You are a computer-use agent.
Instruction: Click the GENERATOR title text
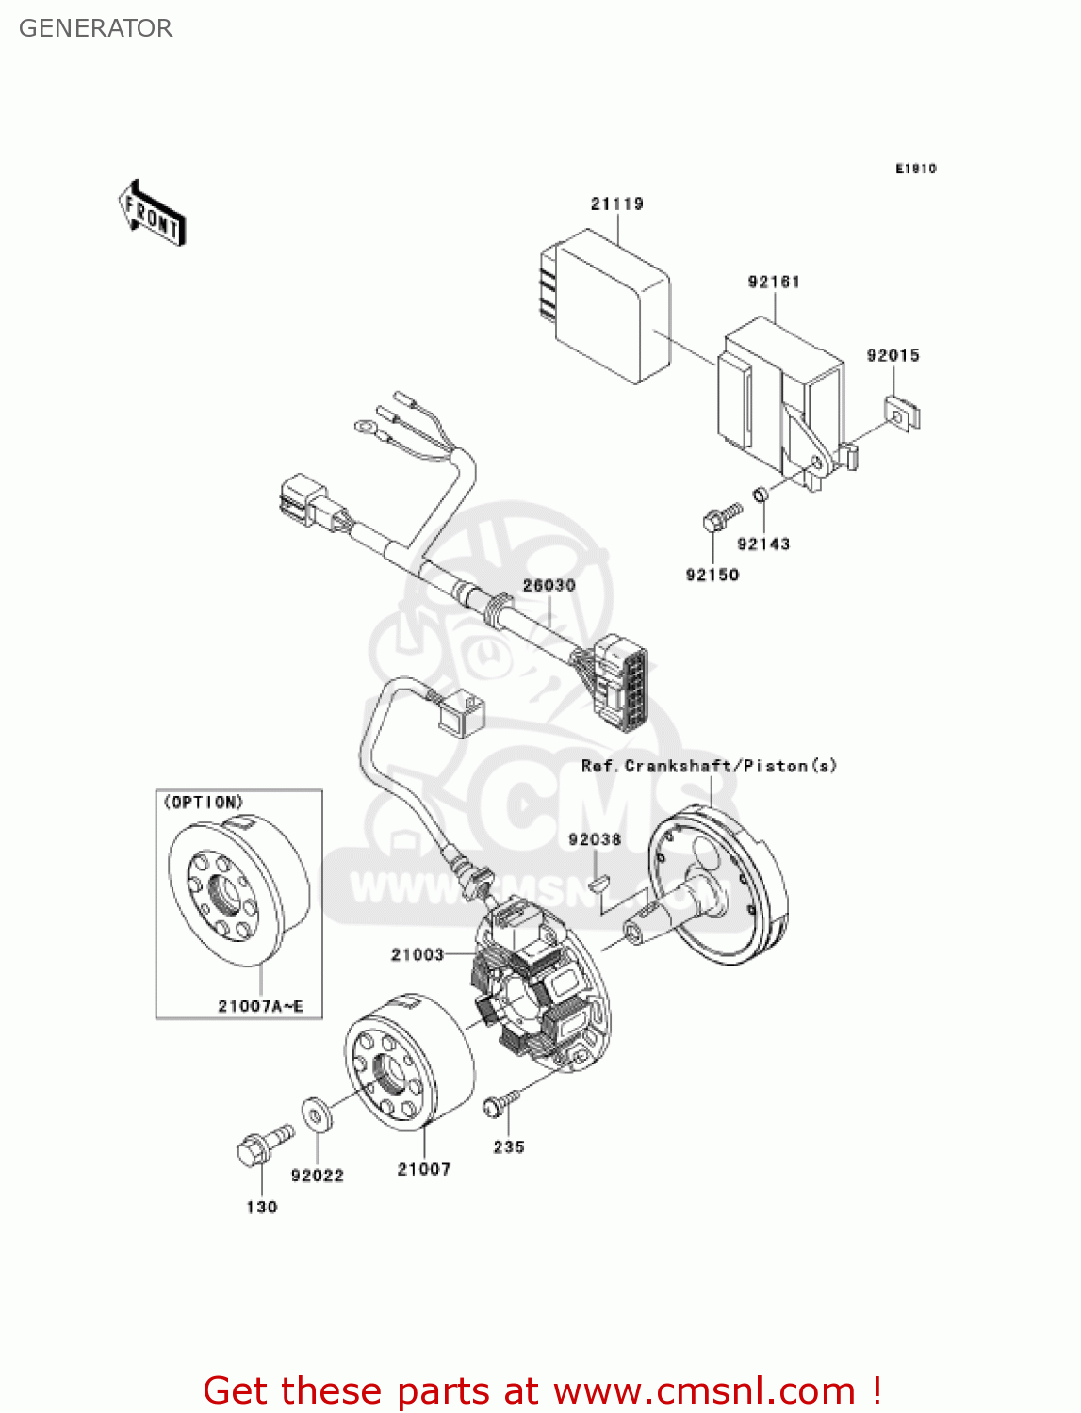coord(95,28)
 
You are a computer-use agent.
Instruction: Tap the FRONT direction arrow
coord(151,214)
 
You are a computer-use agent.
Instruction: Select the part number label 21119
coord(616,203)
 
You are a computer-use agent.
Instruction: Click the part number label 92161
coord(774,282)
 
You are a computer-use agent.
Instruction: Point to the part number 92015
coord(893,355)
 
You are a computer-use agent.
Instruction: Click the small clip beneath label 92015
coord(902,413)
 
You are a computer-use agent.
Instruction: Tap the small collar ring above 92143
coord(761,495)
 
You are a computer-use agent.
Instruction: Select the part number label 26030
coord(549,585)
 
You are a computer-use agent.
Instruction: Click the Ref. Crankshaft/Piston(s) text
coord(709,766)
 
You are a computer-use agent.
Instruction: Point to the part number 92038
coord(595,839)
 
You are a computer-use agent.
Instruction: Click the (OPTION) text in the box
coord(204,803)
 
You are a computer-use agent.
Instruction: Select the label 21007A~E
coord(260,1006)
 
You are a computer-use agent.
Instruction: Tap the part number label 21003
coord(417,954)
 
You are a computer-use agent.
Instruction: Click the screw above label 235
coord(500,1103)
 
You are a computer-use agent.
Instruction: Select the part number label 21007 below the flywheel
coord(423,1169)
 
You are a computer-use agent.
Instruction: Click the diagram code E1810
coord(915,169)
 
